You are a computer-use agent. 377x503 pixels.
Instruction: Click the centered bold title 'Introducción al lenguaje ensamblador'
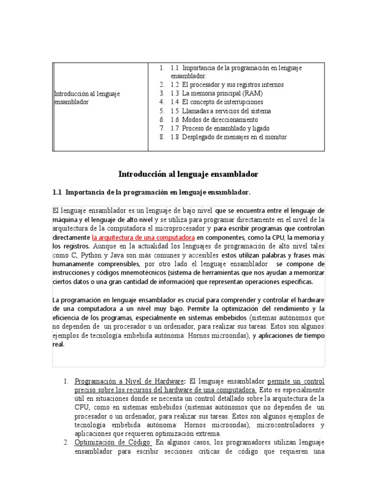point(188,174)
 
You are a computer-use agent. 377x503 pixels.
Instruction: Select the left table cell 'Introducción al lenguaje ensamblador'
point(87,98)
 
